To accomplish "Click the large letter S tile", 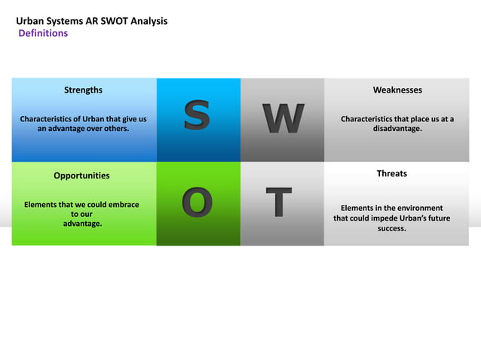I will [x=198, y=119].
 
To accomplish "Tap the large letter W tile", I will [x=283, y=119].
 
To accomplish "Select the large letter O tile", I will [x=198, y=203].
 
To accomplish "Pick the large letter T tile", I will [x=280, y=203].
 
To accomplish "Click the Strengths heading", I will [x=83, y=90].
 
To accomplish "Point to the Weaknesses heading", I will [x=397, y=90].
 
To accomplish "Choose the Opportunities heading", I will [x=81, y=175].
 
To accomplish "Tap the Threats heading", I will [x=391, y=174].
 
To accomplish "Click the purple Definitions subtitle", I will [x=43, y=33].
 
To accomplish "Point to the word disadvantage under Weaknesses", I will [x=397, y=129].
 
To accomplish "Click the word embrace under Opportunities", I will [x=121, y=204].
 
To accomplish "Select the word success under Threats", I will [x=391, y=228].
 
